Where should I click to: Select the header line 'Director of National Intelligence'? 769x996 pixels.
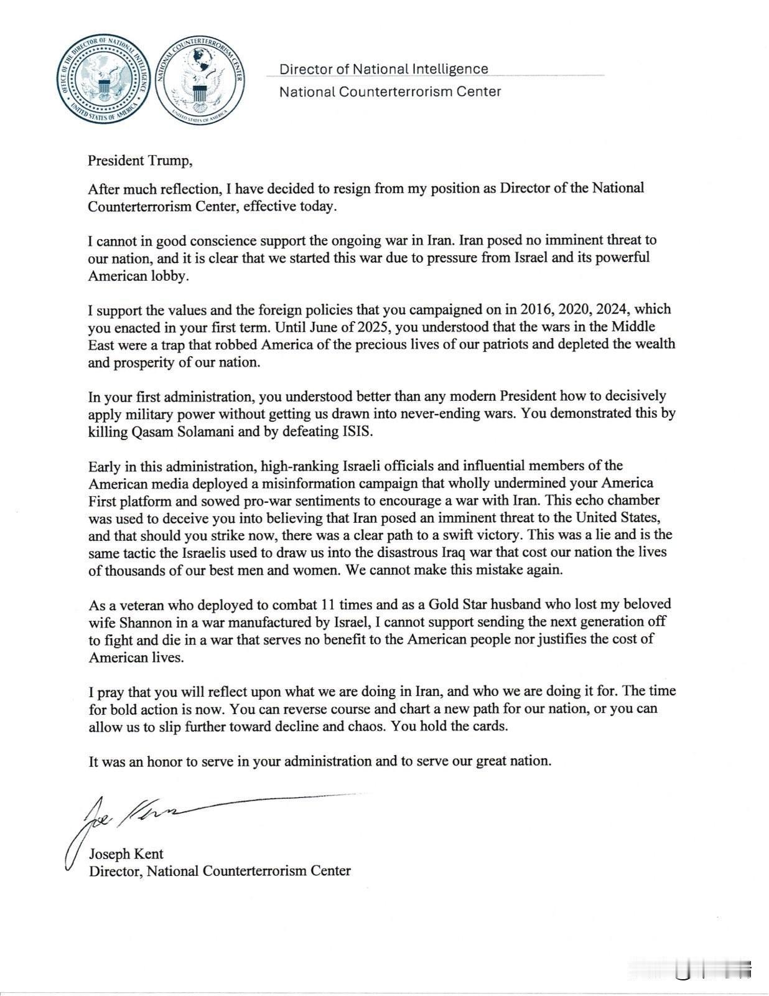383,69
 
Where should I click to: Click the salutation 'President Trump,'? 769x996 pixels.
140,161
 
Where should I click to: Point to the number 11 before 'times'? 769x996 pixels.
329,604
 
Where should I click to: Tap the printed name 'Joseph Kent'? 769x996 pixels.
126,854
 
